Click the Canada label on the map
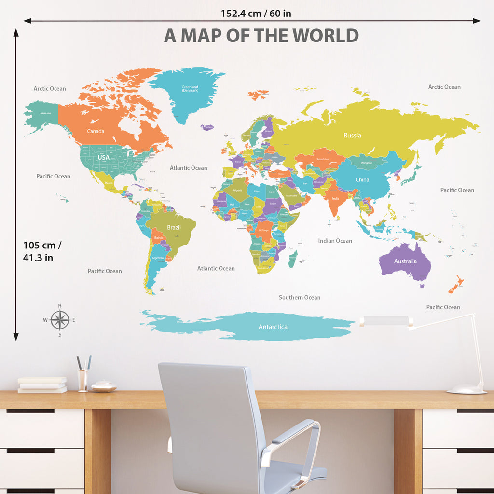[x=96, y=131]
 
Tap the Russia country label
[x=352, y=136]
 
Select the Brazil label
[x=174, y=228]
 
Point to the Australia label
[x=405, y=261]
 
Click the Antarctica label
[x=273, y=327]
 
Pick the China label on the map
[x=362, y=180]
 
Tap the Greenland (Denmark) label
[x=190, y=89]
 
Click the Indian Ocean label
[x=335, y=241]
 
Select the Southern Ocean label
[x=300, y=298]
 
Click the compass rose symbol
[x=60, y=320]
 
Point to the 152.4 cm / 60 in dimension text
[x=256, y=14]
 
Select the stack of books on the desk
[x=42, y=384]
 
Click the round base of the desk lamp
[x=467, y=389]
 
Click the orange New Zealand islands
[x=456, y=285]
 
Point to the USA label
[x=104, y=158]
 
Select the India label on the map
[x=335, y=199]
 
